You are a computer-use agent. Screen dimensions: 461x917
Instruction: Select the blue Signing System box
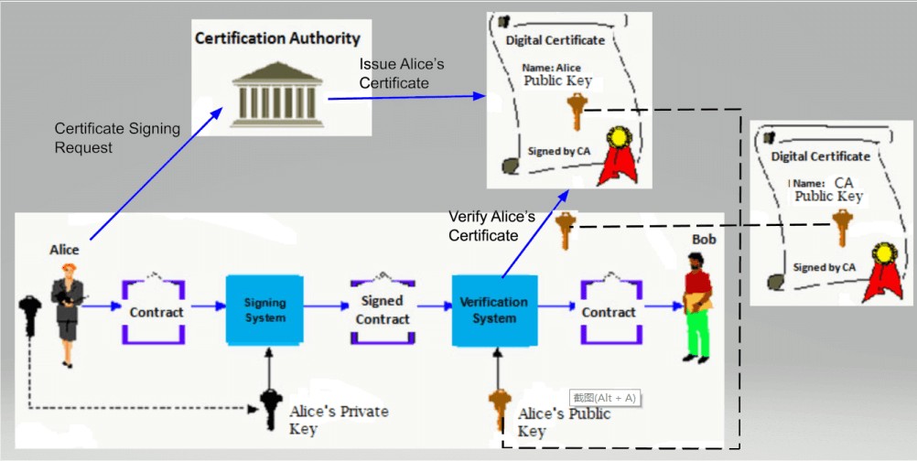click(264, 310)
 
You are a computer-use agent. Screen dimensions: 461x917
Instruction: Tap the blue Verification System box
click(493, 310)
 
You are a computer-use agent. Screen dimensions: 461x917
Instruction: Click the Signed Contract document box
click(383, 311)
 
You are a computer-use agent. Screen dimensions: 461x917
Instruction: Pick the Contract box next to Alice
click(156, 312)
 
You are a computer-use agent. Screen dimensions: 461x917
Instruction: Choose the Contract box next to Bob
click(609, 312)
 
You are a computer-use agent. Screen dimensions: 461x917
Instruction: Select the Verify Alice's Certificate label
click(491, 226)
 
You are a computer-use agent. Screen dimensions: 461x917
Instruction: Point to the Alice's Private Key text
click(338, 420)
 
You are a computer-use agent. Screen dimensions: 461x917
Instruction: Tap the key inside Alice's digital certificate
click(576, 113)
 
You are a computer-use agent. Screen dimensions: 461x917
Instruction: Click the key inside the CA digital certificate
click(841, 226)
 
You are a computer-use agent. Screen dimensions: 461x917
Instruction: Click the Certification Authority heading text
click(277, 39)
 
